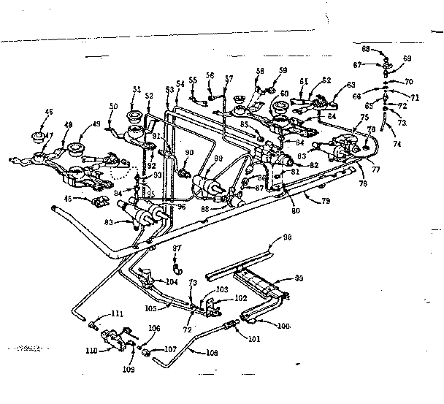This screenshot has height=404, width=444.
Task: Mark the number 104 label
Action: coord(172,281)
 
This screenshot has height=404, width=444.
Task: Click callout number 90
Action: coord(189,153)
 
